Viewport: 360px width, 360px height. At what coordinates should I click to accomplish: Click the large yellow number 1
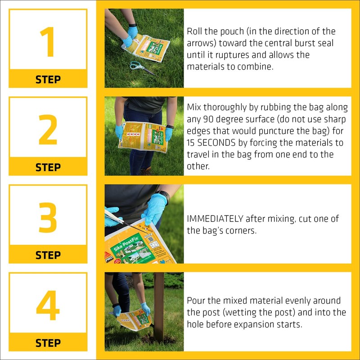point(48,41)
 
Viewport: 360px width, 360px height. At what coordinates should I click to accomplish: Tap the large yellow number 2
point(48,130)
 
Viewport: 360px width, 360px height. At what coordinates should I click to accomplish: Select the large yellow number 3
point(48,217)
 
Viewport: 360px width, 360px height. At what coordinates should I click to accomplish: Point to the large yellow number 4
point(48,305)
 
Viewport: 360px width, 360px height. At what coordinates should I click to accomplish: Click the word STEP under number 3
point(48,255)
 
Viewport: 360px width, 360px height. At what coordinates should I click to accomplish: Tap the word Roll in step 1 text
point(194,31)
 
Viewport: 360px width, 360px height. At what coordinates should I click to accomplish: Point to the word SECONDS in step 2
point(216,143)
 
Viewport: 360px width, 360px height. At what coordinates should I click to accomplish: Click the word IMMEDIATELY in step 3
point(215,219)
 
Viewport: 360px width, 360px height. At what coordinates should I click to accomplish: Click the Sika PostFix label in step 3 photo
point(126,244)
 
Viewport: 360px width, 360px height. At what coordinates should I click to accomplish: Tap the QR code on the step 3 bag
point(151,239)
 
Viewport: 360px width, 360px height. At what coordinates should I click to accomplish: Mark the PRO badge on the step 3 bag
point(109,259)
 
